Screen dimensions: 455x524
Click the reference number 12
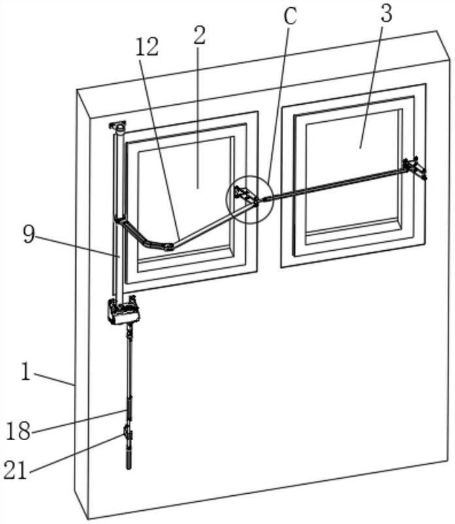tap(147, 47)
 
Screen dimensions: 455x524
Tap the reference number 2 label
tap(199, 35)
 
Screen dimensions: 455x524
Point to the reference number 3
tap(386, 12)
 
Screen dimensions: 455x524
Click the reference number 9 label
tap(29, 234)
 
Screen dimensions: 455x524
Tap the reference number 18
tap(18, 431)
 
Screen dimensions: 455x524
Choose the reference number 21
tap(15, 470)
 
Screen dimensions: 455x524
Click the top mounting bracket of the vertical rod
tap(118, 126)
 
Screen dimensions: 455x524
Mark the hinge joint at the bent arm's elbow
tap(169, 248)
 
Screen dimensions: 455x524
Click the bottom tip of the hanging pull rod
tap(129, 468)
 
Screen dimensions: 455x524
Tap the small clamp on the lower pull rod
tap(127, 434)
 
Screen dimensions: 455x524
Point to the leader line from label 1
tap(54, 379)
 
